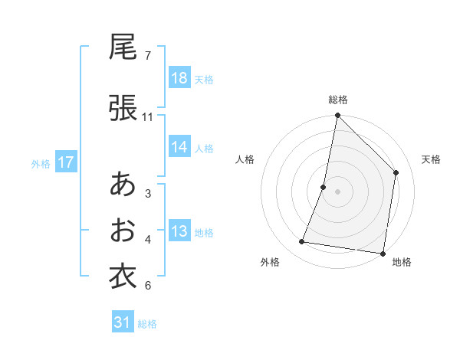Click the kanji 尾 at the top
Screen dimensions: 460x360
tap(123, 47)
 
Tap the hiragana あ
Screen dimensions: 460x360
tap(123, 185)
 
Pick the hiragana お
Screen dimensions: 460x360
tap(123, 231)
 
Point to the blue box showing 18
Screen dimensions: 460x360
tap(179, 78)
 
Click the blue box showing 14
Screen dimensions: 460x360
tap(179, 147)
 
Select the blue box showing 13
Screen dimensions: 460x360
tap(179, 231)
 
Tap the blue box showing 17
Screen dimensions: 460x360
tap(65, 162)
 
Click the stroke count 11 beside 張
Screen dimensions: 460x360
tap(148, 117)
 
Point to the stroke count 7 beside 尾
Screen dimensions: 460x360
tap(148, 56)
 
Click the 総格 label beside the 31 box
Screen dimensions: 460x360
tap(147, 324)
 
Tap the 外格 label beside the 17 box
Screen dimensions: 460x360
tap(41, 163)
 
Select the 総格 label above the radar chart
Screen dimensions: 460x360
tap(338, 100)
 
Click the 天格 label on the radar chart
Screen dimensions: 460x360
tap(432, 159)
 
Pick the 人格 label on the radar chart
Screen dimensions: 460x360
tap(245, 159)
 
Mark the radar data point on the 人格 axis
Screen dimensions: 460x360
tap(324, 187)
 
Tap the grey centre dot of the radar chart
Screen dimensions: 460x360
tap(338, 191)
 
